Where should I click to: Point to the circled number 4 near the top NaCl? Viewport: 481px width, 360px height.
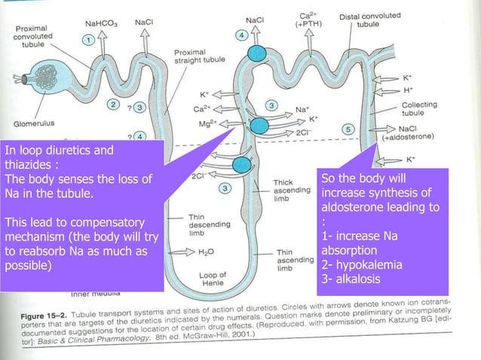241,35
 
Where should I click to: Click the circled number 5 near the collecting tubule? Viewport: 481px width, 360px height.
348,128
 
